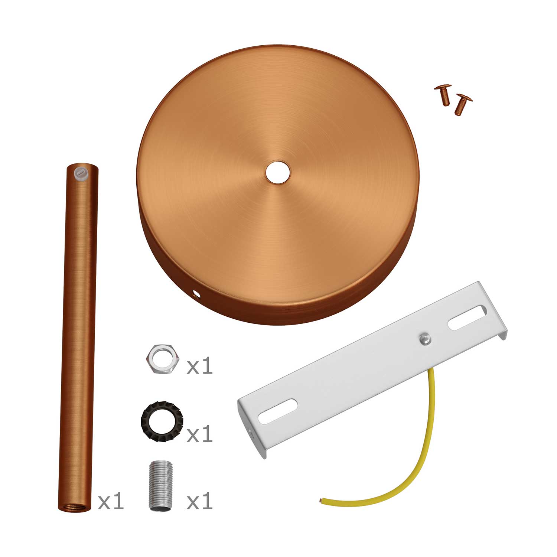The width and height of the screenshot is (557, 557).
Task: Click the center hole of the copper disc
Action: tap(278, 172)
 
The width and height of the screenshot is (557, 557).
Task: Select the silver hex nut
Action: tap(163, 359)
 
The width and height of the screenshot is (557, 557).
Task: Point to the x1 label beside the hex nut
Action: tap(200, 366)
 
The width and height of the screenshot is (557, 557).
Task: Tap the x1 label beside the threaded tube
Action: tap(200, 502)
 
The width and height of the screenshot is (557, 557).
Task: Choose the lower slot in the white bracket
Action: tap(278, 411)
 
